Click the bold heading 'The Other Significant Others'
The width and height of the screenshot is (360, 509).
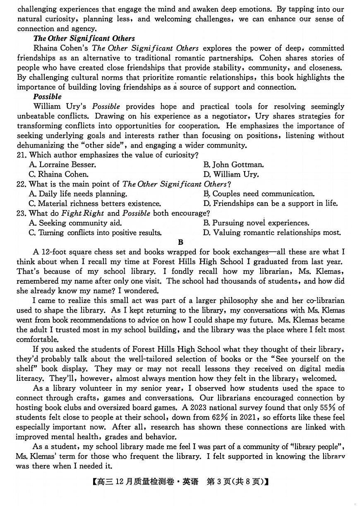tap(84, 38)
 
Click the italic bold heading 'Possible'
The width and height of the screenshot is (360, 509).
tap(47, 97)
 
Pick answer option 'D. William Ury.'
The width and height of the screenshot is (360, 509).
tap(231, 174)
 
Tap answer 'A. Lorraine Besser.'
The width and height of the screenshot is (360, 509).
tap(62, 165)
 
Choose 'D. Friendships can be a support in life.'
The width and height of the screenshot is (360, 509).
tap(271, 203)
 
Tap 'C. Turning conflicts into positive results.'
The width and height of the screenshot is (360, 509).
tap(95, 233)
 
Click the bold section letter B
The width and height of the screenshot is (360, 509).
tap(180, 242)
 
